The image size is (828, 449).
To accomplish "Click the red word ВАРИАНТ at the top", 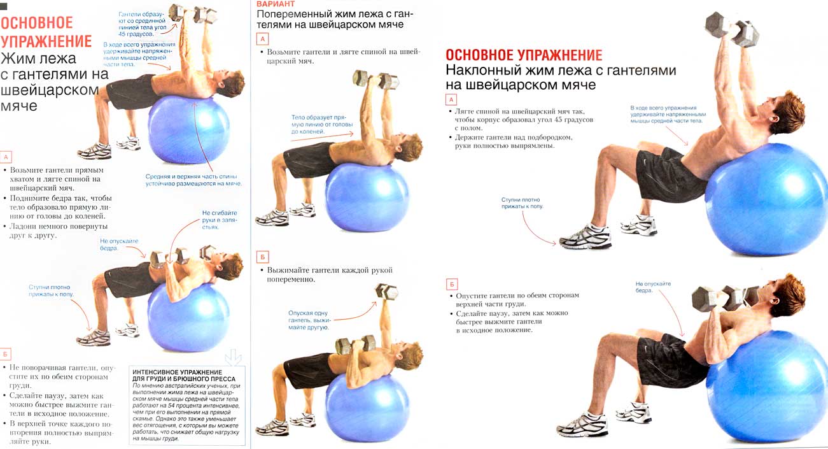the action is pyautogui.click(x=276, y=4).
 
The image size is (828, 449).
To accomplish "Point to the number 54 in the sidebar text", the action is pyautogui.click(x=171, y=406).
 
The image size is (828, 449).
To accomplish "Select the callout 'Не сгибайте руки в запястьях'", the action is pyautogui.click(x=220, y=220).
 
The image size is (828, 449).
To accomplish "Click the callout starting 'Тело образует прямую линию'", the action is pyautogui.click(x=322, y=124).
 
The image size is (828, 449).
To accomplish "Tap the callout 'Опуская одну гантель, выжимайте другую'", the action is pyautogui.click(x=309, y=320).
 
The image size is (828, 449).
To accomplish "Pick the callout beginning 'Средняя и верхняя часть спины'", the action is pyautogui.click(x=193, y=180).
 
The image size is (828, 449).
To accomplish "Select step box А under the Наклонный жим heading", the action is pyautogui.click(x=451, y=99).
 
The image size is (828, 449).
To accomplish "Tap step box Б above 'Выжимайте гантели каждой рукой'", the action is pyautogui.click(x=262, y=257).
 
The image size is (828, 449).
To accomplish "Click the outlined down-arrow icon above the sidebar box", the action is pyautogui.click(x=233, y=357).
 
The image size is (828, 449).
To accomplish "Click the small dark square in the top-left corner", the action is pyautogui.click(x=4, y=6).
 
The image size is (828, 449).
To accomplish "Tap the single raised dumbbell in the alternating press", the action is pyautogui.click(x=386, y=291).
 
